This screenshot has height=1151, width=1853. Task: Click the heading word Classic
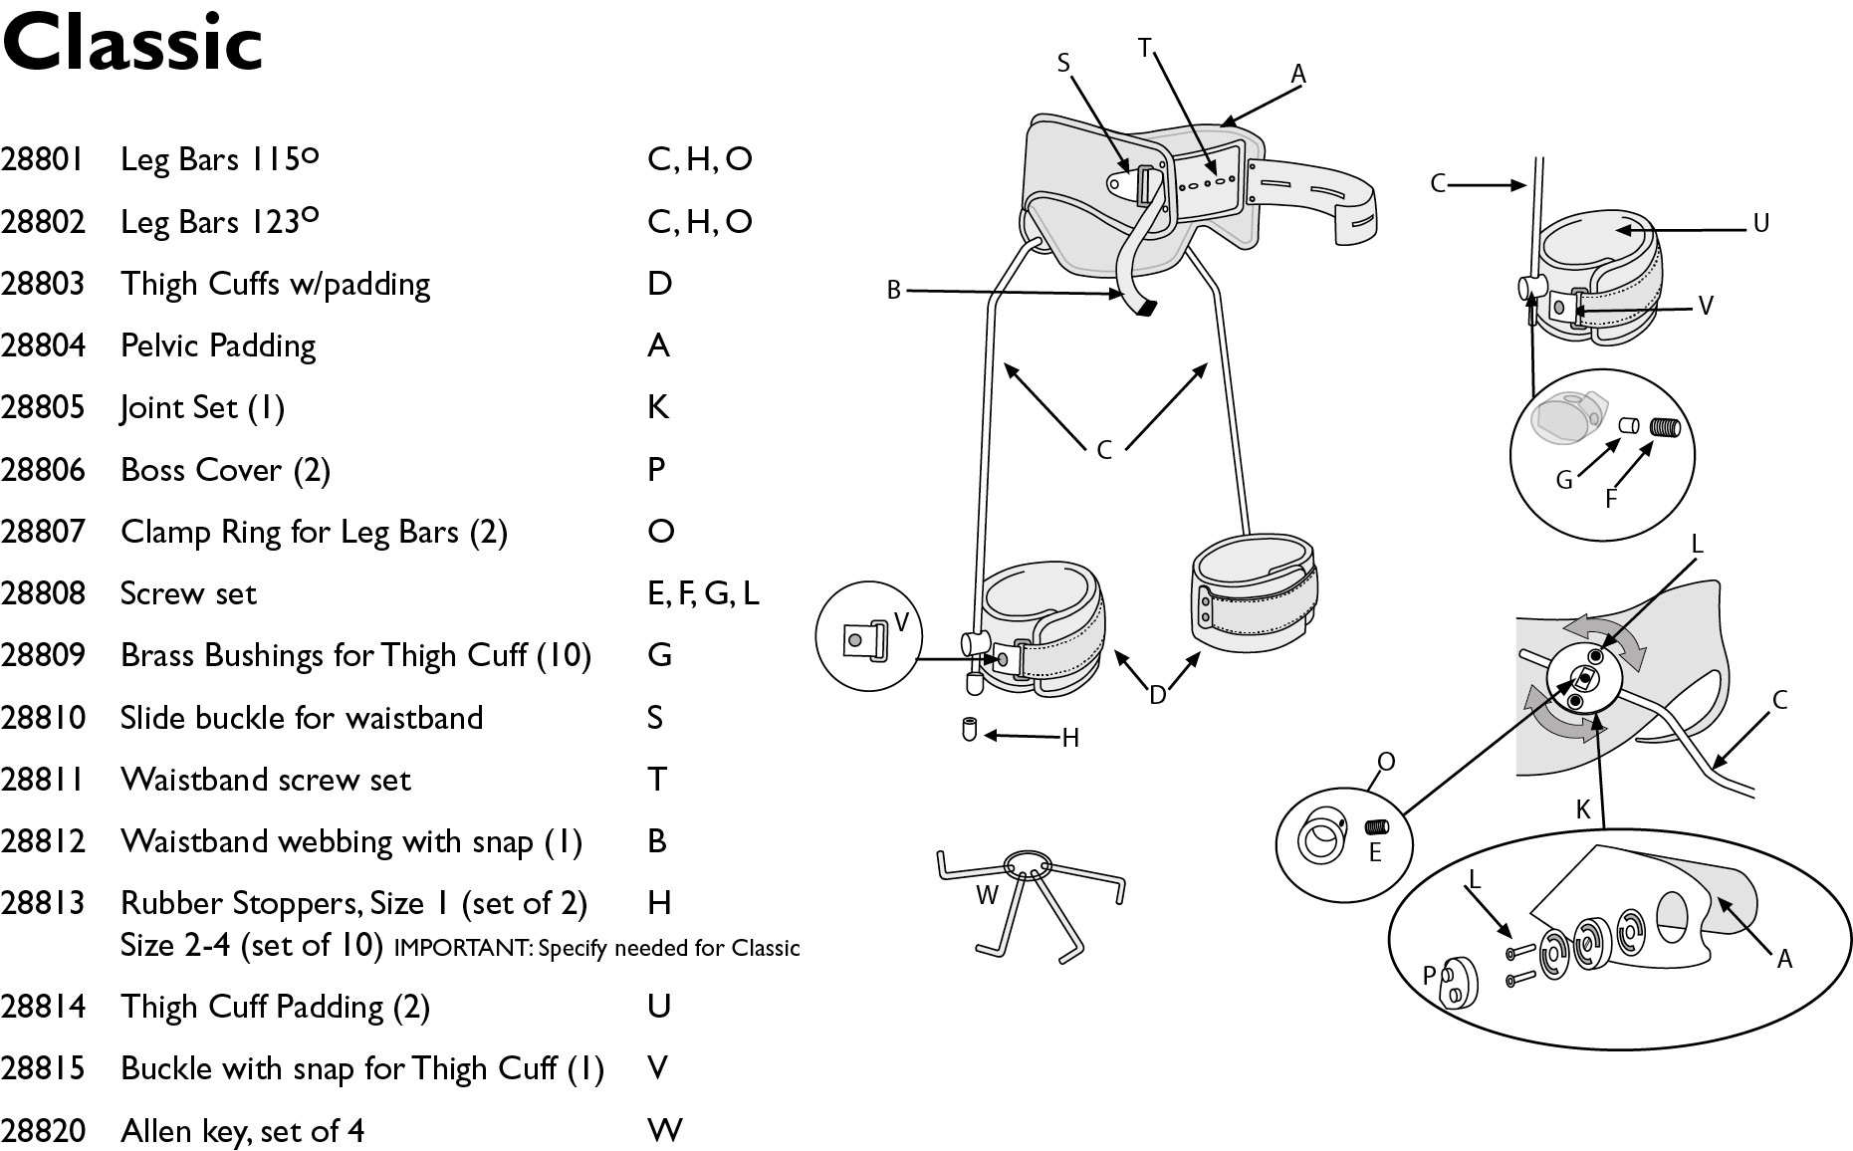[132, 44]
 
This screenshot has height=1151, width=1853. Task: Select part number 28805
[43, 407]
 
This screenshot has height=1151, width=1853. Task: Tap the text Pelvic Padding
[218, 345]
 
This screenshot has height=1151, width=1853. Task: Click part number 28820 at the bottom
[43, 1130]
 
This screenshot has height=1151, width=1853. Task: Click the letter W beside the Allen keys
[987, 895]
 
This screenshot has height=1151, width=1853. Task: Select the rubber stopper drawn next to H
[969, 730]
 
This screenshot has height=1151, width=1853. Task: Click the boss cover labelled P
[1458, 981]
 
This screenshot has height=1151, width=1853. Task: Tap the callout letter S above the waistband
[1063, 64]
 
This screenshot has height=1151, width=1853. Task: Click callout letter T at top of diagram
[1144, 48]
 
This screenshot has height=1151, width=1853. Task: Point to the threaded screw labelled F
[1665, 427]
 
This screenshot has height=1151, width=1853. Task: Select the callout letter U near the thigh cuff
[1760, 223]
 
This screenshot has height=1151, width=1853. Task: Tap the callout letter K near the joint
[1583, 809]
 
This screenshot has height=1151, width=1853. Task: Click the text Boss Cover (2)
[225, 469]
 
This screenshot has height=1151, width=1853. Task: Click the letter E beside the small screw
[1375, 852]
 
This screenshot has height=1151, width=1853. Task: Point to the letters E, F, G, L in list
[703, 593]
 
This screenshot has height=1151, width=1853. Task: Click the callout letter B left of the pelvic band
[893, 290]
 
